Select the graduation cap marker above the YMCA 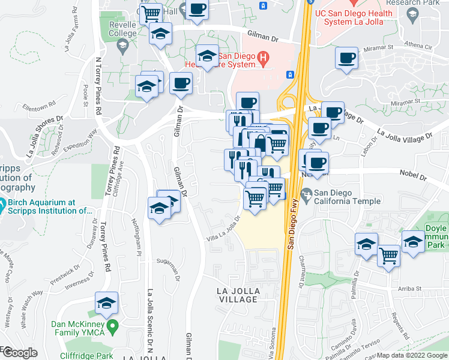(106, 304)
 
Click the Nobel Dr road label (413, 178)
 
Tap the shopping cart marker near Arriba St (389, 256)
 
